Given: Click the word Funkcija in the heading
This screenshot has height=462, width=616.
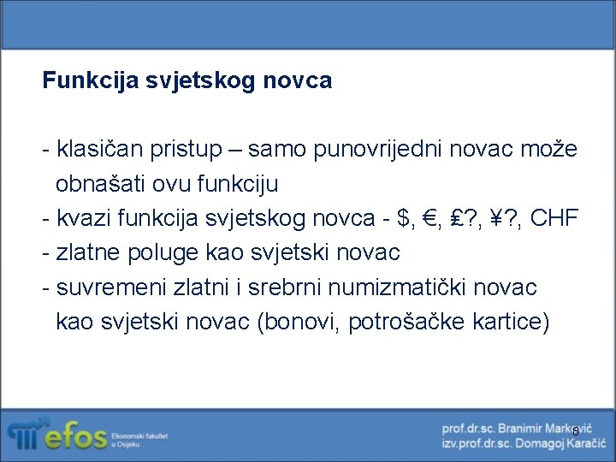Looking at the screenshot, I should pos(81,81).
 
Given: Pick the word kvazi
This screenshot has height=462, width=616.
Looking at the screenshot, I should pos(83,219).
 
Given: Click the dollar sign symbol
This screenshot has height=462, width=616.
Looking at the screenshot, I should pos(404,219).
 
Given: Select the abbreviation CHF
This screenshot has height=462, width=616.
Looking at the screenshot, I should pos(554,219).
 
